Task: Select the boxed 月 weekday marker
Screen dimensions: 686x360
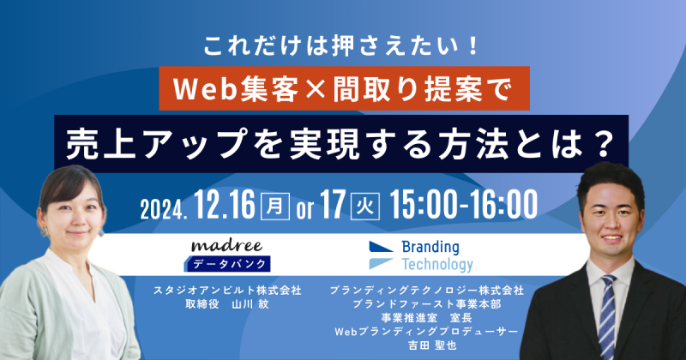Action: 274,206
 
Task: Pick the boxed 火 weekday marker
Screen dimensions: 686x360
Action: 365,206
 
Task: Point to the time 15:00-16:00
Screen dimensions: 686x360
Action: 463,204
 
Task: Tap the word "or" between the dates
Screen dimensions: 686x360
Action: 304,209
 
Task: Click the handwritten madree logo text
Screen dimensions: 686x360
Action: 226,246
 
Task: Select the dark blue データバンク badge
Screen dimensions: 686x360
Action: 227,264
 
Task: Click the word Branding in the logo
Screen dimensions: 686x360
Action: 430,248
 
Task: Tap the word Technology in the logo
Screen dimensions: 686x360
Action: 437,265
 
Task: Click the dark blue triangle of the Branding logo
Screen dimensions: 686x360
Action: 379,247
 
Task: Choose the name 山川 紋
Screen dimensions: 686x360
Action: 250,304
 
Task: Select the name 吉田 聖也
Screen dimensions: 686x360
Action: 432,345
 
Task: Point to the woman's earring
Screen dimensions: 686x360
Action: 101,231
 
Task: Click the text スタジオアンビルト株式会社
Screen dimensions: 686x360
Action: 227,291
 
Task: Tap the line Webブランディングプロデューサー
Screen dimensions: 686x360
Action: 426,332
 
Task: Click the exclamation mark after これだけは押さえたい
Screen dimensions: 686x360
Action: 472,46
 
